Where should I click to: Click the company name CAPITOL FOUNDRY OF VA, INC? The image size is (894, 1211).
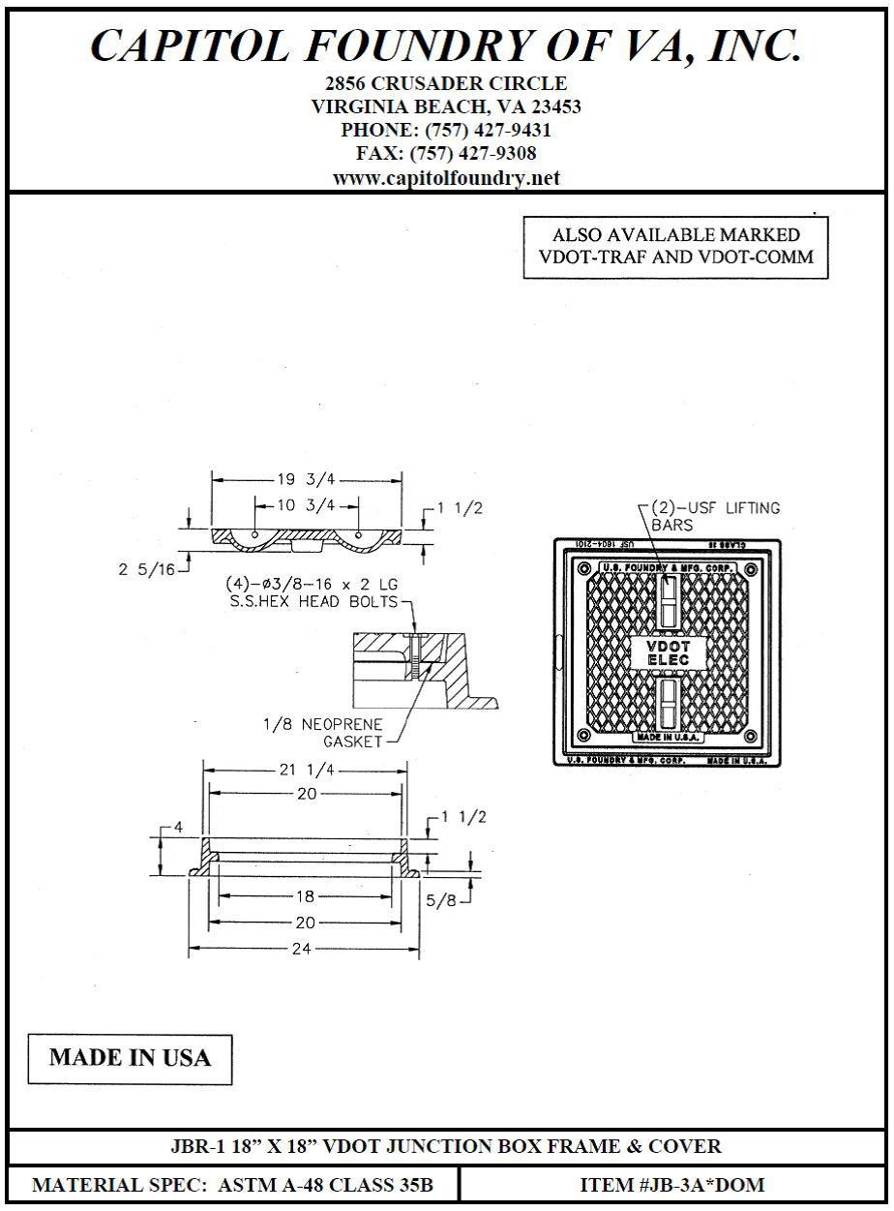point(446,46)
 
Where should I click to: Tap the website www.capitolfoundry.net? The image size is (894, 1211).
point(446,178)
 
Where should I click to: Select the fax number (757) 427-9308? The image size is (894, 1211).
point(446,154)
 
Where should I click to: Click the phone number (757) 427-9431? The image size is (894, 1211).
point(446,130)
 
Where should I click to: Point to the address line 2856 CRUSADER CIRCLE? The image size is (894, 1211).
point(446,83)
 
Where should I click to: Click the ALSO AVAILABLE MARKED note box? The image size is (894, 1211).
point(675,246)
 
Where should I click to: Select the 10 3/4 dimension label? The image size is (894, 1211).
point(307,504)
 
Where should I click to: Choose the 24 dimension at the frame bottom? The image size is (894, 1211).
point(303,949)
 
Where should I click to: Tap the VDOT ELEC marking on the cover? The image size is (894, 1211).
point(667,652)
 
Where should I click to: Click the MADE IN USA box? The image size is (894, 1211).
point(130,1057)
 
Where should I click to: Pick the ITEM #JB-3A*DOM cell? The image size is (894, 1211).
point(672,1184)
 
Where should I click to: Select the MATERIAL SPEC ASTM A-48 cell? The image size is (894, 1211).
point(233,1184)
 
